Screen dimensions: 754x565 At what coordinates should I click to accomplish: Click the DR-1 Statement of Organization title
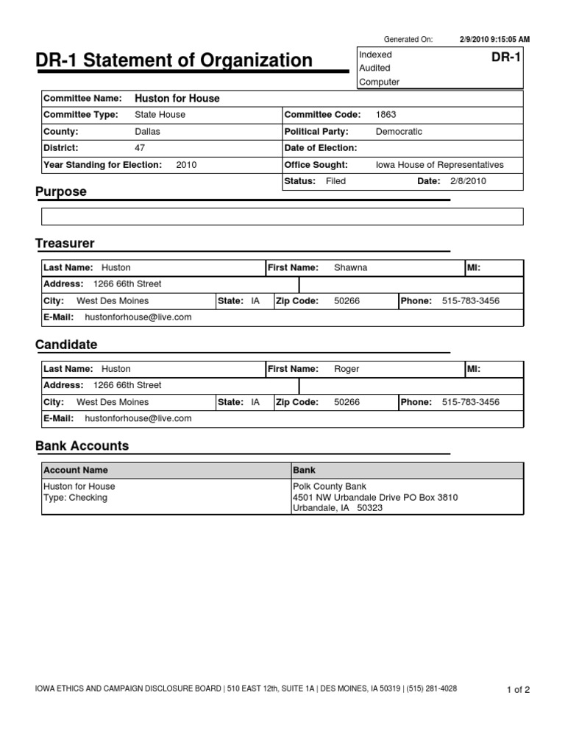174,60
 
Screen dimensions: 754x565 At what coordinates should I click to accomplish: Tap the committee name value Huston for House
177,98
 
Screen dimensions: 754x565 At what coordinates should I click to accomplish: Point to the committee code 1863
385,114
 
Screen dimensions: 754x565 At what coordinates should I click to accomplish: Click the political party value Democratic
399,131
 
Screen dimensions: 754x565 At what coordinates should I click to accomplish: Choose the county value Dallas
147,131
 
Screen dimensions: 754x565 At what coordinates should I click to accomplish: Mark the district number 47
141,148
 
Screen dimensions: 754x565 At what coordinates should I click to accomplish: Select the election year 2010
186,165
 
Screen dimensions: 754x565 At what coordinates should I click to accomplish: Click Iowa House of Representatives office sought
439,165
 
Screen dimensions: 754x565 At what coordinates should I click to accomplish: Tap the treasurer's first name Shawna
350,267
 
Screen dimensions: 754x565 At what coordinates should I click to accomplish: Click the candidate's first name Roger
347,368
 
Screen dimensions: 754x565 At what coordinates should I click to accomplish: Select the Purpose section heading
61,191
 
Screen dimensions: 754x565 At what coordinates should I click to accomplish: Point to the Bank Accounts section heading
82,445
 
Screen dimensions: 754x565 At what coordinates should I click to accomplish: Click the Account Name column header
76,470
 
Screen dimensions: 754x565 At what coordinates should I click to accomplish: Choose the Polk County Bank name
330,486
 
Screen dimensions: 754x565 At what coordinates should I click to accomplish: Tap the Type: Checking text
75,498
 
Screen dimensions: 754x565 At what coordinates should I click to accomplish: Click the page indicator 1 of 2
518,690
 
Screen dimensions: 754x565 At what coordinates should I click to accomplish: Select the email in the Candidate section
138,418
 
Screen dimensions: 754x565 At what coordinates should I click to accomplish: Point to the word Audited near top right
375,68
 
